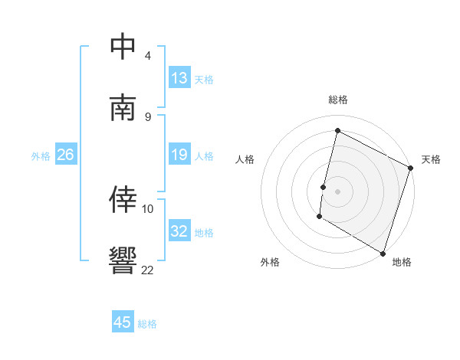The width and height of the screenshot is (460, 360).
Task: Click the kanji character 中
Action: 123,47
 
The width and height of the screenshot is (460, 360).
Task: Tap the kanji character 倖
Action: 123,198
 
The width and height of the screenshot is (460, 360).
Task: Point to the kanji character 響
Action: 123,260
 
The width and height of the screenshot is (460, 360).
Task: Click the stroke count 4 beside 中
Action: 148,56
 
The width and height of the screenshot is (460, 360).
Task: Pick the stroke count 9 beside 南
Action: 148,116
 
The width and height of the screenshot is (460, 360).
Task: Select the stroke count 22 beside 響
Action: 148,269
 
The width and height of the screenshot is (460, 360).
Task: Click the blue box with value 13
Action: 179,78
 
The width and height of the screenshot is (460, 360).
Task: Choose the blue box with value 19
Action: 179,155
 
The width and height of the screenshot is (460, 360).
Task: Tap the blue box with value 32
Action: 179,231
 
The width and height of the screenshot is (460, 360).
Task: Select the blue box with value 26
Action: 65,155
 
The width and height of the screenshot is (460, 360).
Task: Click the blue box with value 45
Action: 123,322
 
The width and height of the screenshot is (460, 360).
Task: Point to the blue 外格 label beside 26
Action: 41,155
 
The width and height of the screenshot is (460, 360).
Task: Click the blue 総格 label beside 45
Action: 147,323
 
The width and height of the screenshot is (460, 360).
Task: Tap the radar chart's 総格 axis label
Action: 337,100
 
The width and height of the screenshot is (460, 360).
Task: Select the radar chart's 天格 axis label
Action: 431,159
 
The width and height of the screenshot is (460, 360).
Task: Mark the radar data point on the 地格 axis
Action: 383,253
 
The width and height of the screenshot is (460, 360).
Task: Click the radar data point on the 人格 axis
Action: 324,187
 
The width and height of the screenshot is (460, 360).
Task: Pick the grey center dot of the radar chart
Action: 337,191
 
